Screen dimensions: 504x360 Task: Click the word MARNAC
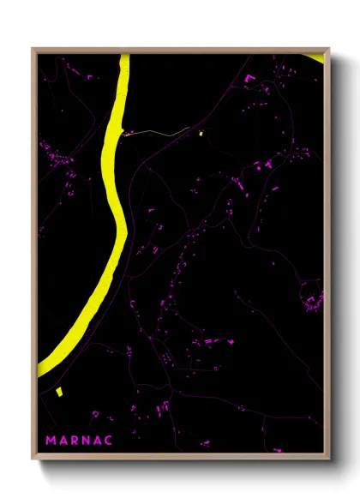pos(78,441)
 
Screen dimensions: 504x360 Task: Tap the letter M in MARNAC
pos(51,441)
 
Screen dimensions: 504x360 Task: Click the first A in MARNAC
pos(63,441)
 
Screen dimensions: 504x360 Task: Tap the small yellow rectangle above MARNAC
pos(58,392)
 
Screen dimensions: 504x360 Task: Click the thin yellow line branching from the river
pos(159,131)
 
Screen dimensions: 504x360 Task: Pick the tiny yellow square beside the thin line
pos(200,133)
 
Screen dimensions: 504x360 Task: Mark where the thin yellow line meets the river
pos(124,135)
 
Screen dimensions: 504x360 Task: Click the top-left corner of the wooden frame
pos(33,49)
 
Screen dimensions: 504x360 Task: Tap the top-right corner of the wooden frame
pos(330,49)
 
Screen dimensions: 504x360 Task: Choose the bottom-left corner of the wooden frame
pos(33,462)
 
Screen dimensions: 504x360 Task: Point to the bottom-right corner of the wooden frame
pos(330,462)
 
